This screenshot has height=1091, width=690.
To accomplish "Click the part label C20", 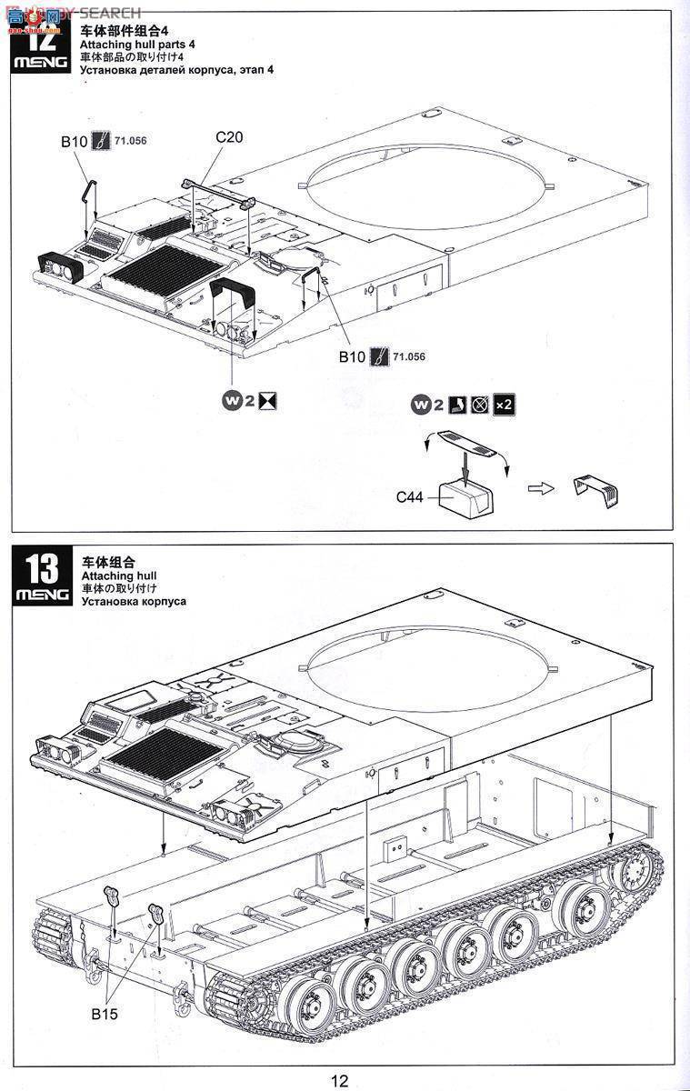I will [x=229, y=138].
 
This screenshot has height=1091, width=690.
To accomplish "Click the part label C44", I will [x=410, y=497].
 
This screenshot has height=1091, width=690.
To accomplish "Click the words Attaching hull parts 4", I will [x=137, y=45].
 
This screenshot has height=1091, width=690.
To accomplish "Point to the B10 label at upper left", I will [x=74, y=141].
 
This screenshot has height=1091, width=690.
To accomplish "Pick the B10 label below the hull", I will [x=352, y=357].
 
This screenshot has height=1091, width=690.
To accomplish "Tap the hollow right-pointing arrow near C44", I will [x=541, y=488].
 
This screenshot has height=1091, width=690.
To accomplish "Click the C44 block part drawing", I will [x=462, y=496].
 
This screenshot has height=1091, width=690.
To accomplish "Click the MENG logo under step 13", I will [x=42, y=596].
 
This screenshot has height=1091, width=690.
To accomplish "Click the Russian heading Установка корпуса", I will [x=134, y=601].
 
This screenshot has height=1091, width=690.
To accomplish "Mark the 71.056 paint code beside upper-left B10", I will [x=131, y=140].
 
